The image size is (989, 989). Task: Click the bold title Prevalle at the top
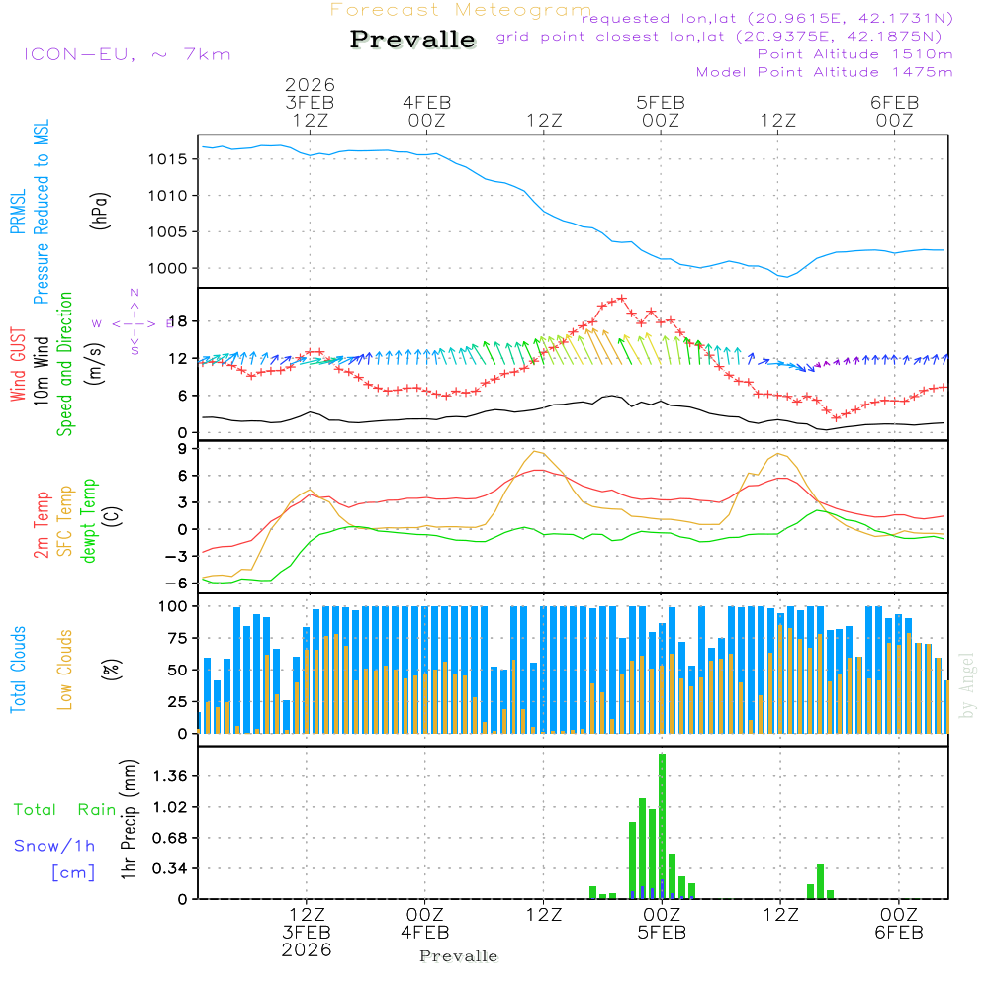click(x=412, y=40)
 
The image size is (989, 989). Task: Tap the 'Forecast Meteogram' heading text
click(x=461, y=10)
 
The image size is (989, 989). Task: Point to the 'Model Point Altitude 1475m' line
click(x=824, y=72)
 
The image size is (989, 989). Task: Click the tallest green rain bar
click(x=662, y=826)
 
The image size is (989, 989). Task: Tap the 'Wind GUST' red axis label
click(x=18, y=365)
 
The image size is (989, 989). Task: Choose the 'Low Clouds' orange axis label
click(x=65, y=669)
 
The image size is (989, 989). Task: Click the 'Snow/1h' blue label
click(x=54, y=846)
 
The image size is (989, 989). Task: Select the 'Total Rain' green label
click(x=64, y=810)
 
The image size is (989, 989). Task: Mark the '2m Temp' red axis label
click(x=42, y=523)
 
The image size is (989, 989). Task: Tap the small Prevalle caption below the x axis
click(x=459, y=956)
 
